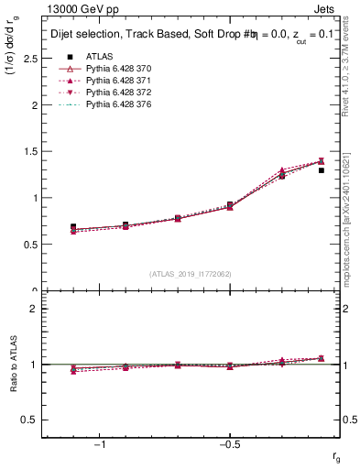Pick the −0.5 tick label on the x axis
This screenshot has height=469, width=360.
[x=228, y=445]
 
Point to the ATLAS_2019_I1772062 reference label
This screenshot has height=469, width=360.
[x=191, y=274]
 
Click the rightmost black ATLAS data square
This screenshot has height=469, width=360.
[x=321, y=169]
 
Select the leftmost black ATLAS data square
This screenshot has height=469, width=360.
[x=73, y=226]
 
